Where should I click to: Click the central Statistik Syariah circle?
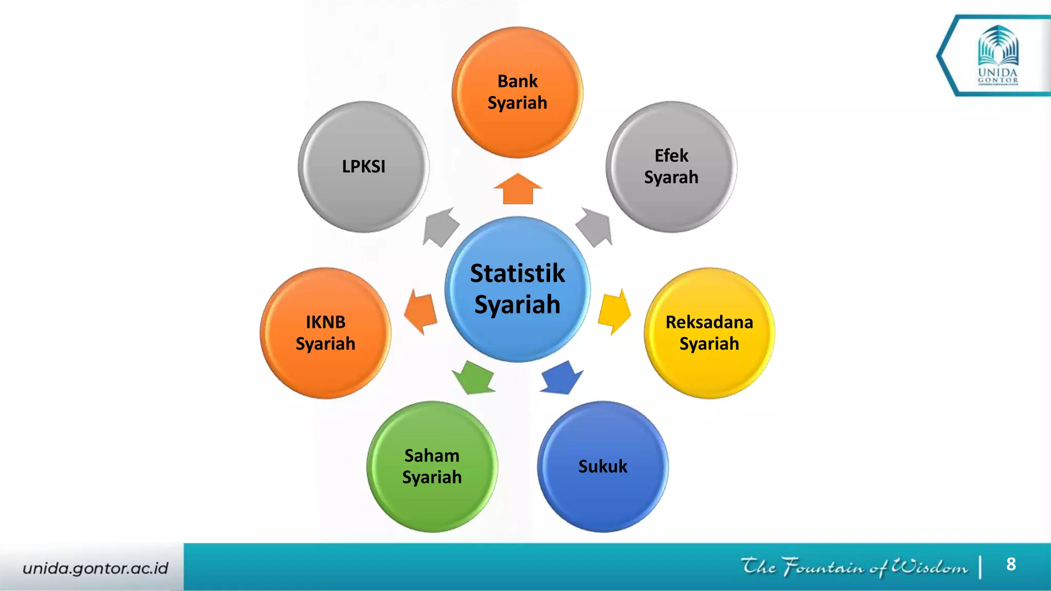pyautogui.click(x=517, y=289)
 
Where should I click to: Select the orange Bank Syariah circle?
pyautogui.click(x=517, y=92)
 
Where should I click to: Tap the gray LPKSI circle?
pyautogui.click(x=363, y=167)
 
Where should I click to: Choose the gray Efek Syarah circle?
pyautogui.click(x=671, y=167)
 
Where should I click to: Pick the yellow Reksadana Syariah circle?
pyautogui.click(x=709, y=333)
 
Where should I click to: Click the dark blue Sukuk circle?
pyautogui.click(x=602, y=466)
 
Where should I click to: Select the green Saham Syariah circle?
pyautogui.click(x=432, y=466)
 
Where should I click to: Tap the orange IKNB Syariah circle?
pyautogui.click(x=325, y=333)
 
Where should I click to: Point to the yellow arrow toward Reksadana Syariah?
pyautogui.click(x=614, y=311)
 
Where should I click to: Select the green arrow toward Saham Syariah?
pyautogui.click(x=473, y=378)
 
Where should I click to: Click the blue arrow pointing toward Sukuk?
pyautogui.click(x=562, y=379)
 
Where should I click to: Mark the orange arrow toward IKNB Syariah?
pyautogui.click(x=421, y=311)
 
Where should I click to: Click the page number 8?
pyautogui.click(x=1011, y=564)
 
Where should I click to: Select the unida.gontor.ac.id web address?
pyautogui.click(x=95, y=568)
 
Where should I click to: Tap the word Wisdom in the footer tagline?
pyautogui.click(x=929, y=567)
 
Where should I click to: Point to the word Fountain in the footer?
pyautogui.click(x=823, y=567)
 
